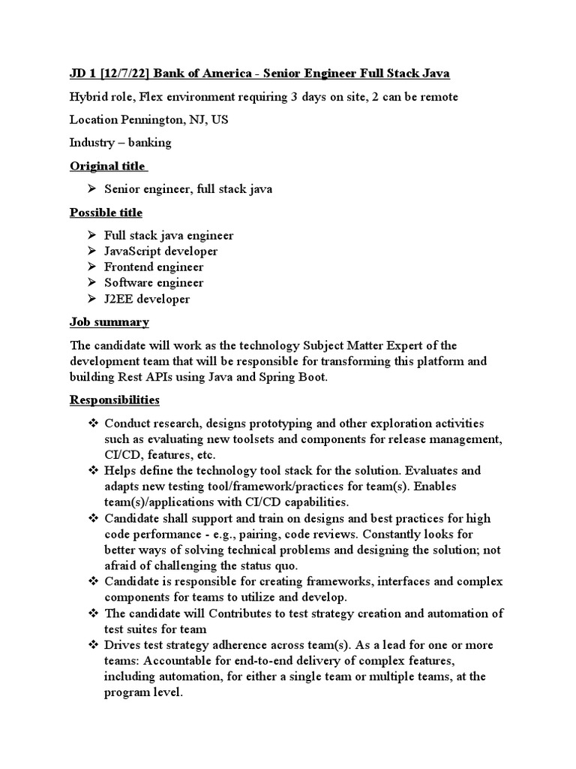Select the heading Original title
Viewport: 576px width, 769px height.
pyautogui.click(x=107, y=166)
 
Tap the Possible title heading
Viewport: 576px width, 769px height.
pyautogui.click(x=106, y=213)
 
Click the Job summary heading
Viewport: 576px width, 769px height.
pyautogui.click(x=109, y=322)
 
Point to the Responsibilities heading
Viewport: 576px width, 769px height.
pyautogui.click(x=114, y=400)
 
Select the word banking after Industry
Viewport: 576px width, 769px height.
pyautogui.click(x=151, y=143)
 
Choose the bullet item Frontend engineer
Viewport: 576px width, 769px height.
pyautogui.click(x=154, y=267)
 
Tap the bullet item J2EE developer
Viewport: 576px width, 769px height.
pyautogui.click(x=147, y=299)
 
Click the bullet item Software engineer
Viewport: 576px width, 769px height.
pyautogui.click(x=154, y=283)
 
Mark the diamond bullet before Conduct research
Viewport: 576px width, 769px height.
pyautogui.click(x=94, y=424)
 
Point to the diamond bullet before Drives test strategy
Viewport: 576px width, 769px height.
pyautogui.click(x=94, y=645)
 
